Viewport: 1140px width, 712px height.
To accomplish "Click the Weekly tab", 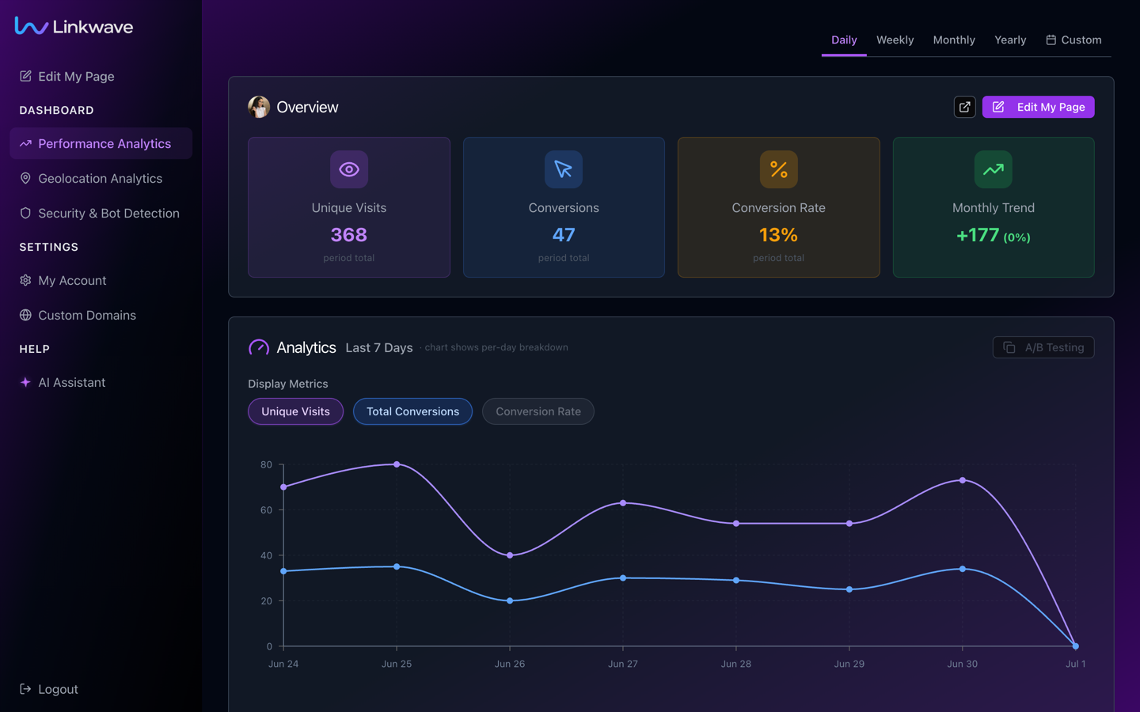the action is [895, 40].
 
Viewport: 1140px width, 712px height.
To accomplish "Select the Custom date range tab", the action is [1073, 40].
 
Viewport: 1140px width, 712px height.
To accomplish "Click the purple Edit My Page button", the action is [1038, 107].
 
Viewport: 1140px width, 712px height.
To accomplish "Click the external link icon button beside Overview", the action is [964, 107].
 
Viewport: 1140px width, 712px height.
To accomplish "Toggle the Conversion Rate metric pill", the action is [538, 411].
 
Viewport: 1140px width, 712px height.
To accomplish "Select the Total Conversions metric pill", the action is [412, 411].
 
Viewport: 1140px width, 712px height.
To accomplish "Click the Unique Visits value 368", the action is [348, 235].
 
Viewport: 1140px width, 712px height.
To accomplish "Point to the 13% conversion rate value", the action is [778, 235].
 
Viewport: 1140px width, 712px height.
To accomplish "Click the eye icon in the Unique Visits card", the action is [349, 169].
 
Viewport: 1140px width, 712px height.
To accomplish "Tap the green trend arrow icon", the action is [993, 169].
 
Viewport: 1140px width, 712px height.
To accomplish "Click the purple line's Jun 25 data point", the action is [397, 464].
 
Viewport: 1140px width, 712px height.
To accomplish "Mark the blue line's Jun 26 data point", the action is [510, 600].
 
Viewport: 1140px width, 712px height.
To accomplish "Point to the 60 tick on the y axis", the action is [266, 510].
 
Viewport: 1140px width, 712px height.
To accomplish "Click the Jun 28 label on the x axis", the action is [736, 664].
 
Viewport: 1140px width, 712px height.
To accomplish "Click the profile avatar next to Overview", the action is [259, 107].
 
